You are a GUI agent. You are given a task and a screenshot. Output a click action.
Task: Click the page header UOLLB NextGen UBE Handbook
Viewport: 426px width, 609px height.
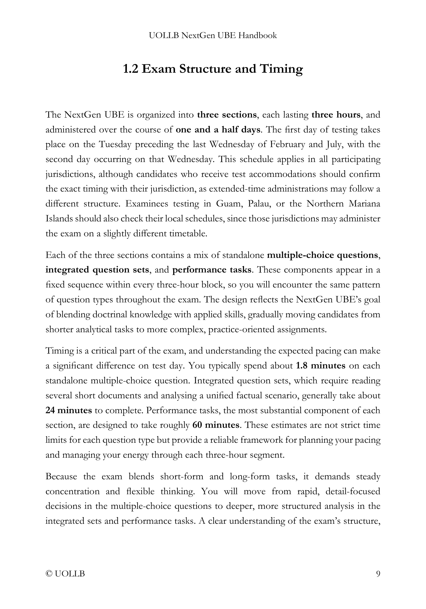pos(213,36)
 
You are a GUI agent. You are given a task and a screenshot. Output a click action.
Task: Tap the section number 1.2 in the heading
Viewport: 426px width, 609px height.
pos(131,69)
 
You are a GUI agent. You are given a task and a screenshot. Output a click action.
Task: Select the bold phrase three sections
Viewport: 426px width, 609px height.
pos(227,115)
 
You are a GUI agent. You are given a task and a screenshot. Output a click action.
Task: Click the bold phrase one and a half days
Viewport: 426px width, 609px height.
pos(218,130)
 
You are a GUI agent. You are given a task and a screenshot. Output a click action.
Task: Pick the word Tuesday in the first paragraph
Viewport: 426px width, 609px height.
pos(115,145)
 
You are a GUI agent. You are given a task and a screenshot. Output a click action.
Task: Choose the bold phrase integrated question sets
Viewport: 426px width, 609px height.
pos(97,270)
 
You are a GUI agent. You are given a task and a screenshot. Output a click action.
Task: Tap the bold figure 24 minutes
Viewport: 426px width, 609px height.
pos(68,410)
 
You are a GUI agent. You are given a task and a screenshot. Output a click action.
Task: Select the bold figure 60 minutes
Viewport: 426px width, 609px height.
pos(216,425)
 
